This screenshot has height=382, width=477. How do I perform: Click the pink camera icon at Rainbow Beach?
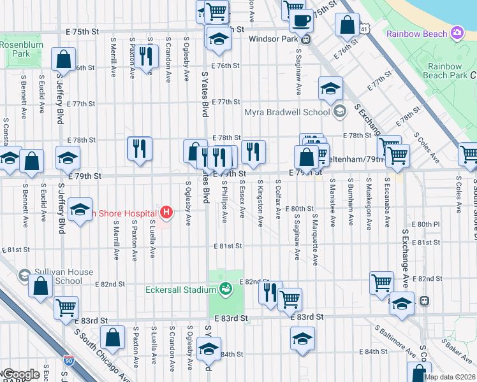[457, 32]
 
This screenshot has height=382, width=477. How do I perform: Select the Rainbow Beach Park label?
[449, 71]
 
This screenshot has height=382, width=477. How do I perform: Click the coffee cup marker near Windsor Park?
[301, 20]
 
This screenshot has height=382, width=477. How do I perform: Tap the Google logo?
[20, 374]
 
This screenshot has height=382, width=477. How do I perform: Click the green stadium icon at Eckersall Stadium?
[225, 290]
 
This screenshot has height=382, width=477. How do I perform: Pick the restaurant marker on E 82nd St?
[270, 293]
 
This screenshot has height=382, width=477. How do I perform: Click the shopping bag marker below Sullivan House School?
[40, 286]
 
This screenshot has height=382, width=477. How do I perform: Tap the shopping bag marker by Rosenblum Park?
[64, 60]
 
